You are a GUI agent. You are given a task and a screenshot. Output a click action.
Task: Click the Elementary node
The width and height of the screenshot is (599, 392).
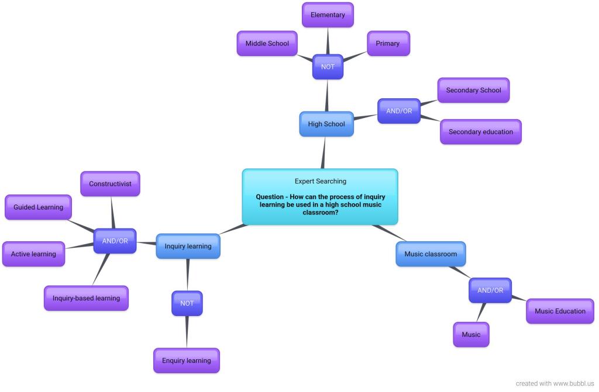328,15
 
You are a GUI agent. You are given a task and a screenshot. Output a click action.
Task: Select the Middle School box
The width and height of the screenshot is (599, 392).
267,44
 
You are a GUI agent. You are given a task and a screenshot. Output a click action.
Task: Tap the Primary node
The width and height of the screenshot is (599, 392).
388,44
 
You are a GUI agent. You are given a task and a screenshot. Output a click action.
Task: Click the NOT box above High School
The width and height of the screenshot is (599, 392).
328,67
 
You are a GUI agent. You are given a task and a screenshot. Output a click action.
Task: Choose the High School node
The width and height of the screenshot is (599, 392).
326,124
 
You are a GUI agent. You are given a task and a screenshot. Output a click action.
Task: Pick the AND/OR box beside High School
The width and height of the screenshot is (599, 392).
399,111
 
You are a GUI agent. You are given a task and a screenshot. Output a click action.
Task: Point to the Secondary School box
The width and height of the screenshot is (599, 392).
473,91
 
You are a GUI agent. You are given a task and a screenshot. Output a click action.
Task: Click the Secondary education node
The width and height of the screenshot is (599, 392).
480,132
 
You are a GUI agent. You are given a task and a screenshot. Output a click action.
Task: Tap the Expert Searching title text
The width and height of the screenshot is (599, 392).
320,181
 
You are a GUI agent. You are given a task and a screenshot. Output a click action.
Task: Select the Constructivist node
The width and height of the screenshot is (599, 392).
110,184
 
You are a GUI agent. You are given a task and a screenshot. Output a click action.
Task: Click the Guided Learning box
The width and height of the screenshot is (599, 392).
38,207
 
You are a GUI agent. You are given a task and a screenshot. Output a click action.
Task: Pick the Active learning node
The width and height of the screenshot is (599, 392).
33,254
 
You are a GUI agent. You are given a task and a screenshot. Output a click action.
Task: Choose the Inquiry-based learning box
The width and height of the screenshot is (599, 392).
86,298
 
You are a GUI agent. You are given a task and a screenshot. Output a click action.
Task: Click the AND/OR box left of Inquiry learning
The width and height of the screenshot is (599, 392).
115,241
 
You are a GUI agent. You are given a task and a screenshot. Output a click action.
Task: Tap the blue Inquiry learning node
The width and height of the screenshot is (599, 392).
188,246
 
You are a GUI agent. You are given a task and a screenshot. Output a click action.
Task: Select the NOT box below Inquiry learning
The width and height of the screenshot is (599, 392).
187,303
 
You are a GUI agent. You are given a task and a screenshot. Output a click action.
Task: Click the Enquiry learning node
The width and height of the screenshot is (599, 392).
186,360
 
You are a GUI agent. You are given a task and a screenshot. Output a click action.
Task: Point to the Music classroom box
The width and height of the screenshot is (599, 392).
431,254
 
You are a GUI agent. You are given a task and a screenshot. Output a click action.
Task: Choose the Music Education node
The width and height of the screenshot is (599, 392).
560,311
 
